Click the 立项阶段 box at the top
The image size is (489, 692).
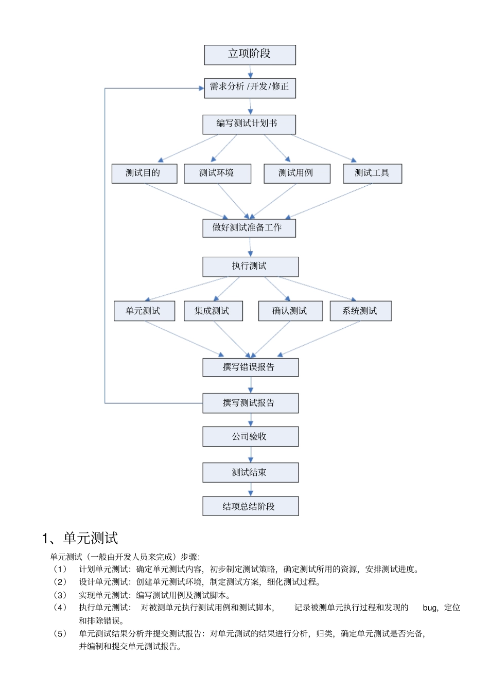250,55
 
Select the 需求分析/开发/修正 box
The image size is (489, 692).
250,87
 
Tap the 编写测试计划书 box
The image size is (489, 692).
249,124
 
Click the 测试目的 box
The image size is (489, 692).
144,173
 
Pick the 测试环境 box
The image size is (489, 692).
217,173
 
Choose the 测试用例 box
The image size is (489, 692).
296,173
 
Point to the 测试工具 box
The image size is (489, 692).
372,173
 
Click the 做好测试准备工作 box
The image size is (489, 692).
249,228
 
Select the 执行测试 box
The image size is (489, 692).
250,267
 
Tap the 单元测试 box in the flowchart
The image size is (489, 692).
144,311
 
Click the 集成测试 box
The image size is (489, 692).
213,311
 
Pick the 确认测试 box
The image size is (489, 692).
290,311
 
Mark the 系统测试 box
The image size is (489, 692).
360,311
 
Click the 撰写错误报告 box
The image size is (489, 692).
250,367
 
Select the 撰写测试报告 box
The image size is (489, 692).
250,403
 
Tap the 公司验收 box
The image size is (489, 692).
250,436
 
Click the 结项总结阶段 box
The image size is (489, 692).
250,506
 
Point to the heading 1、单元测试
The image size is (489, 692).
80,538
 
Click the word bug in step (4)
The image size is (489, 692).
430,608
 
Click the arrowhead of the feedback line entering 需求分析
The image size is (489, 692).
201,88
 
